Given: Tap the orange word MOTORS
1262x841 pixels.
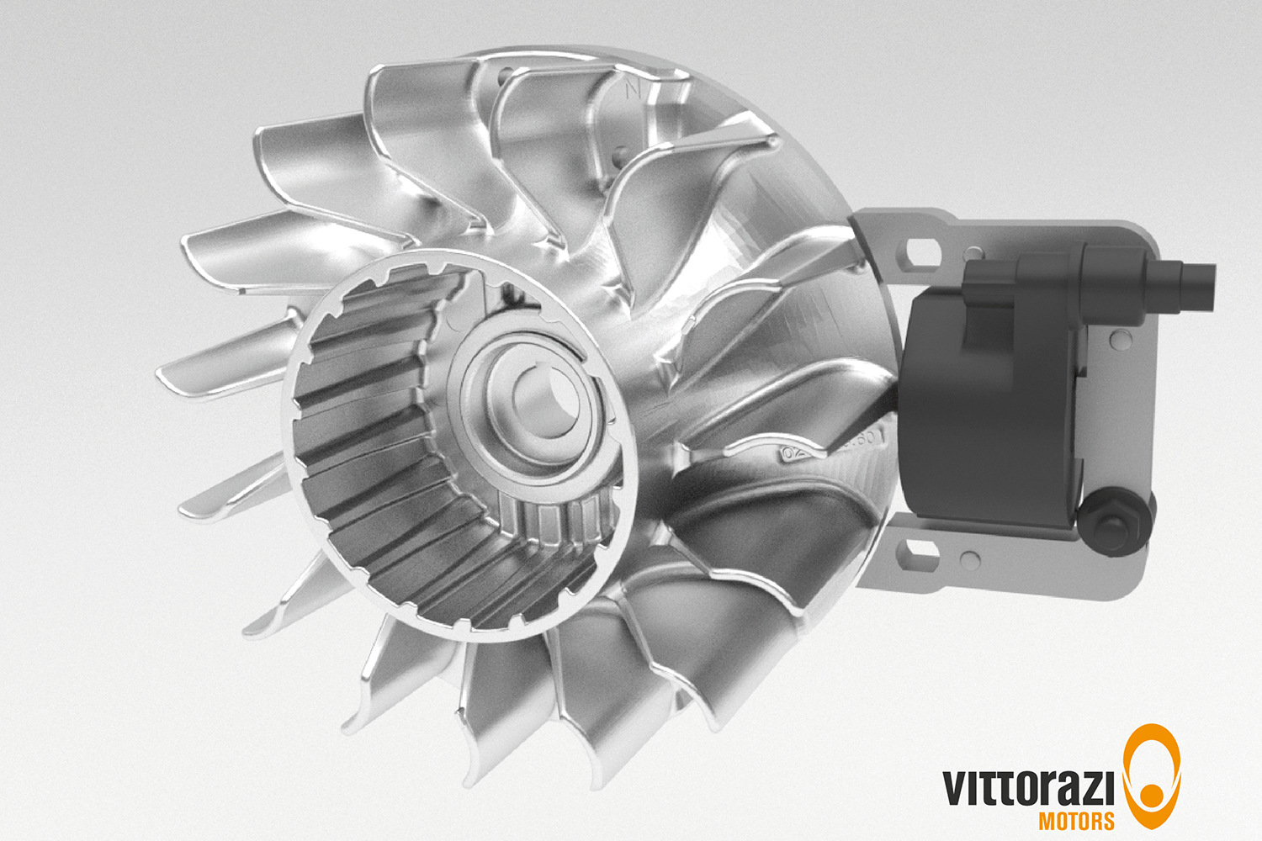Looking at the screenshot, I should click(x=1076, y=821).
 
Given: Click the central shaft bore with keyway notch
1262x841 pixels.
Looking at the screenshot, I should click(x=538, y=403).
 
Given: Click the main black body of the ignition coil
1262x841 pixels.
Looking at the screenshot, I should click(x=984, y=420).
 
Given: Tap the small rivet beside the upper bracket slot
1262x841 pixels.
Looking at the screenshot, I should click(x=973, y=252).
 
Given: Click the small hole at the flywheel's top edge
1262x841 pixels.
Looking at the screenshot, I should click(x=504, y=76).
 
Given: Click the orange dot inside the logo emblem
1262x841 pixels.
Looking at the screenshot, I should click(x=1150, y=794).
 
